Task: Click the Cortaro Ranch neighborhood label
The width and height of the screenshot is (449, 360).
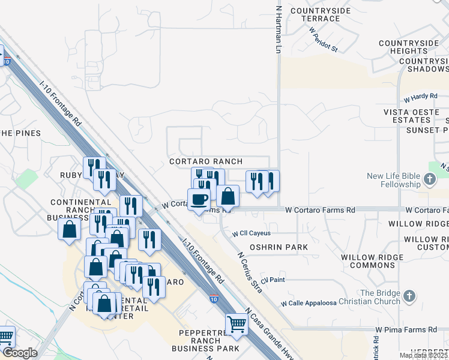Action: (206, 161)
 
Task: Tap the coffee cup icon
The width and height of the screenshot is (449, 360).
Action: (199, 199)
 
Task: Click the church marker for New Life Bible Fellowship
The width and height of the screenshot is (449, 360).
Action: (429, 179)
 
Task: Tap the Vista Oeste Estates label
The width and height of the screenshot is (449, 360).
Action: (416, 116)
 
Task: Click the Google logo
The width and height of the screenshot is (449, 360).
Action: (20, 353)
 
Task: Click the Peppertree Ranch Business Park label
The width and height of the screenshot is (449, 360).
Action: (205, 340)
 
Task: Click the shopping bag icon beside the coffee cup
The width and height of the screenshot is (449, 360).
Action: (228, 196)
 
